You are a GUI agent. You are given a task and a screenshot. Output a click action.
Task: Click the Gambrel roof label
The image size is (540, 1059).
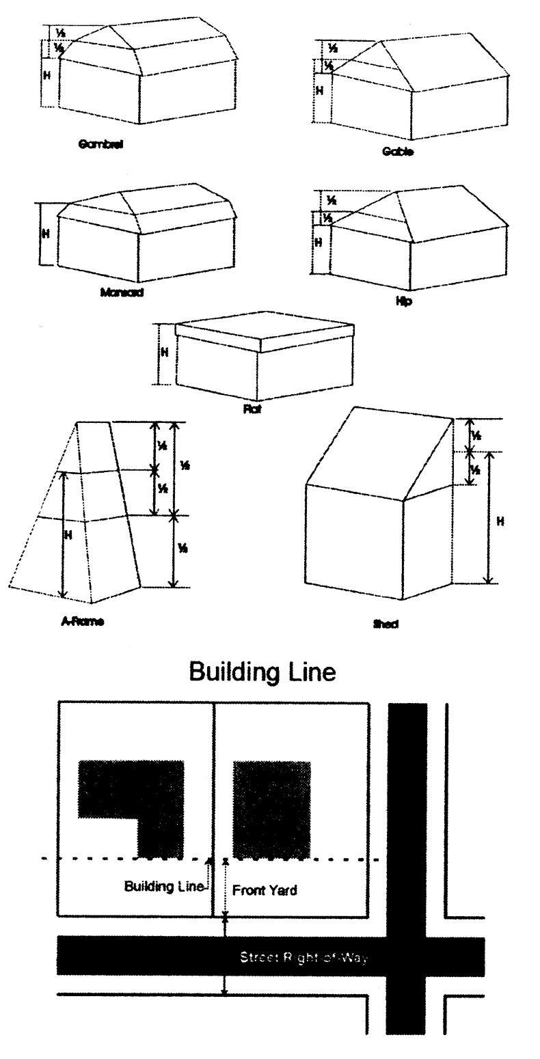coord(100,144)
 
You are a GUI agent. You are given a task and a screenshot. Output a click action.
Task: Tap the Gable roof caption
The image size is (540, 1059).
coord(398,152)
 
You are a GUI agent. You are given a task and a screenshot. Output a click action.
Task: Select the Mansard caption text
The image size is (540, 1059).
coord(122,292)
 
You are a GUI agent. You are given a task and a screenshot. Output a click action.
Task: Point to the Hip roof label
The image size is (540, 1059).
coord(403,301)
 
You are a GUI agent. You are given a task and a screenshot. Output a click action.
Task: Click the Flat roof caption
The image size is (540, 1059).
coord(252,410)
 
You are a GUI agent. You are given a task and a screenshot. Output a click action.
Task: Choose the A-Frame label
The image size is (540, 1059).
coord(82,622)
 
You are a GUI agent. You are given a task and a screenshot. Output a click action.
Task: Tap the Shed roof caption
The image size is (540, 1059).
coord(386,624)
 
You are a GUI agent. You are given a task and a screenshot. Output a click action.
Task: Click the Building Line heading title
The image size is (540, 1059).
coord(262,672)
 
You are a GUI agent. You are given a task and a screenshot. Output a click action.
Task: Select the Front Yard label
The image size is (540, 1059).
coord(265,890)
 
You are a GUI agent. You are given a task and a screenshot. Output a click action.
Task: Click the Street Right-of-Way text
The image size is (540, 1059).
coord(303,957)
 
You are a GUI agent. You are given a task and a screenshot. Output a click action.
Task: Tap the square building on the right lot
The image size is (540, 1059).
coord(272,809)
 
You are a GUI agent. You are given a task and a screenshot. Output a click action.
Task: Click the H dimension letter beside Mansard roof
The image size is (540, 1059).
coord(46,234)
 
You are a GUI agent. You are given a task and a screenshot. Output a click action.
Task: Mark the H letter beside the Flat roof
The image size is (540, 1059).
coord(164,353)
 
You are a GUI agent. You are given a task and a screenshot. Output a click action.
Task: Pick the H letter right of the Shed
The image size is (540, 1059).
coord(500,521)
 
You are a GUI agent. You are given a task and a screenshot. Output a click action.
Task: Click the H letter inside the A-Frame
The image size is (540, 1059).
coord(68,536)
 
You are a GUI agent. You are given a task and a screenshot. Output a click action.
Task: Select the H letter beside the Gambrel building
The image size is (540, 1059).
coord(47,75)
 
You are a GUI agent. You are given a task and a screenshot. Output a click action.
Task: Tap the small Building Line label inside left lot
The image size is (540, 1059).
coord(164,886)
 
